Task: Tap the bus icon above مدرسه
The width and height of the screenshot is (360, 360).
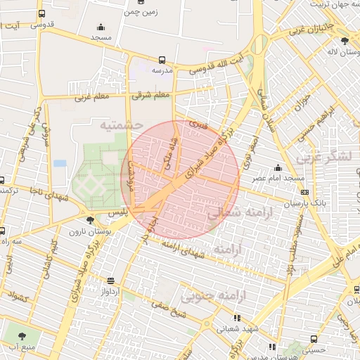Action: click(162, 60)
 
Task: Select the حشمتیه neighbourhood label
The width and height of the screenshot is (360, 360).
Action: click(121, 124)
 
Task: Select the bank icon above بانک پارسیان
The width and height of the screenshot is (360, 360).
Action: click(304, 192)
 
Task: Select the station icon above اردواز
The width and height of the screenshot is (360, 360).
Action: click(110, 280)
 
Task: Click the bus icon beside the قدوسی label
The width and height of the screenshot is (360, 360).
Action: click(42, 13)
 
